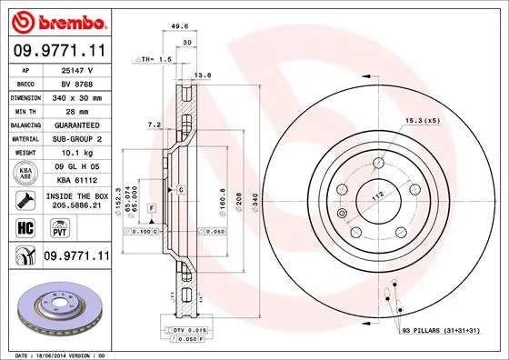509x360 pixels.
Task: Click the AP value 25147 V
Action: (77, 69)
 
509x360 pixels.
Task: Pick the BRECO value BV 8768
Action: (77, 83)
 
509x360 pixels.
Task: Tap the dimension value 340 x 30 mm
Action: (77, 96)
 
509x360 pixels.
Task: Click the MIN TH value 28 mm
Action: (77, 110)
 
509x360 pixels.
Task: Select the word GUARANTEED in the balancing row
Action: (77, 125)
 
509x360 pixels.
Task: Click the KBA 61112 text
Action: (77, 180)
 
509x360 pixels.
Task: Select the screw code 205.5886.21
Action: (77, 207)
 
